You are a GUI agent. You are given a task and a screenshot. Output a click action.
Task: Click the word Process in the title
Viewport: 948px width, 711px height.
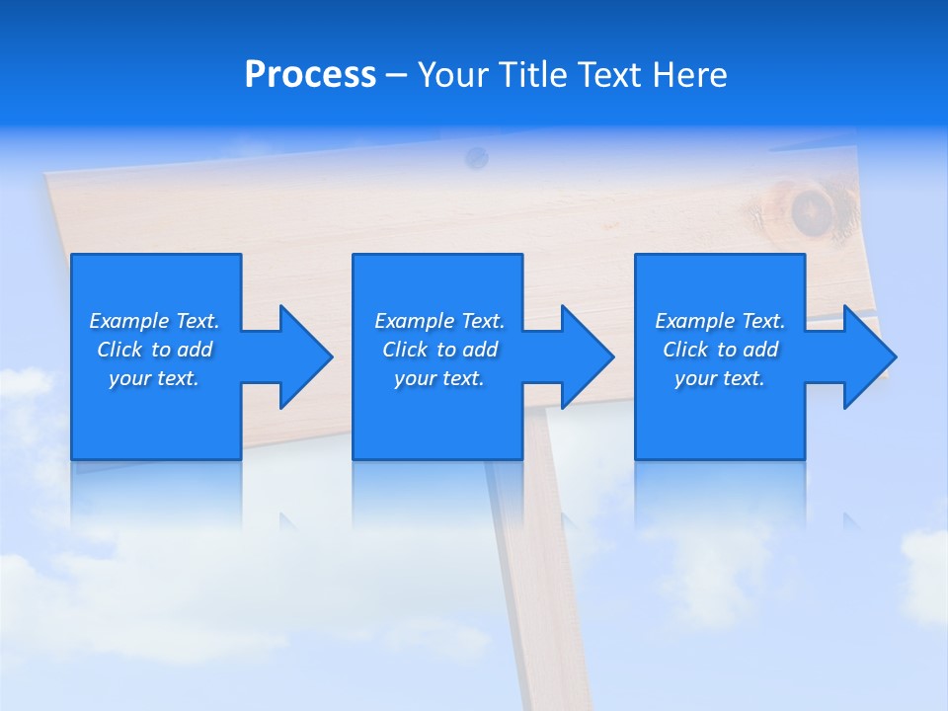310,75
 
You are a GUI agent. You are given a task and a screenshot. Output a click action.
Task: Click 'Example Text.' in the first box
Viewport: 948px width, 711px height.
154,321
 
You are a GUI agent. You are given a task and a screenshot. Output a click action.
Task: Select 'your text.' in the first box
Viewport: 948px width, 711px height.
154,378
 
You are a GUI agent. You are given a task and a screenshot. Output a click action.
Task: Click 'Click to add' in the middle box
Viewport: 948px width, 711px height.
439,350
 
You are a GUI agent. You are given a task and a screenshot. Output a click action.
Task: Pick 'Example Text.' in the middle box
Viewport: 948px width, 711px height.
439,321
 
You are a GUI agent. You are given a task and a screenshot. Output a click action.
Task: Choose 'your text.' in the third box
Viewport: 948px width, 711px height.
720,378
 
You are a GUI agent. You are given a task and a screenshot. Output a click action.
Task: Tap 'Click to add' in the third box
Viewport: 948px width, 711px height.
720,350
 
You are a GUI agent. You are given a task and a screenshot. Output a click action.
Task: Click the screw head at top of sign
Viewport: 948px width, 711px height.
477,156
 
